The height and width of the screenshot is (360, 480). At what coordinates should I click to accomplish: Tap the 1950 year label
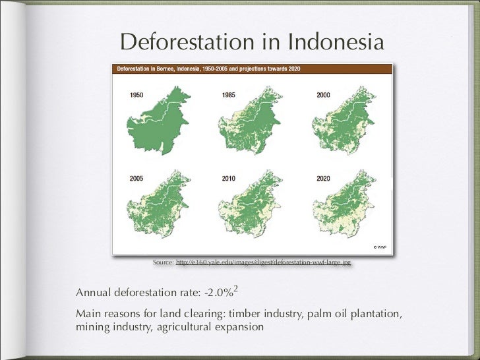(x=136, y=96)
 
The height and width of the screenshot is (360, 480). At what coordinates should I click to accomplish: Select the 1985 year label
(x=229, y=96)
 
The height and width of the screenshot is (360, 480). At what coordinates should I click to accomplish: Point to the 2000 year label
(x=323, y=96)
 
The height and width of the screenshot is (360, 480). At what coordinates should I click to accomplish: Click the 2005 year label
(x=136, y=178)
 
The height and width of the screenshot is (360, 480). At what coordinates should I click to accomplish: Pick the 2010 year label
(x=229, y=178)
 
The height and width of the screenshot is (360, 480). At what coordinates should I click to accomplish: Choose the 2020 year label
(x=323, y=178)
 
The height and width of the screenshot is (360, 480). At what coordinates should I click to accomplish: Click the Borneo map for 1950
(x=158, y=125)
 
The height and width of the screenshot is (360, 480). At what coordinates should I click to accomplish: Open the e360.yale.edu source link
(x=263, y=262)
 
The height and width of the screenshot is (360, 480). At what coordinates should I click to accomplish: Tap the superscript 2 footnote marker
(x=235, y=287)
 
